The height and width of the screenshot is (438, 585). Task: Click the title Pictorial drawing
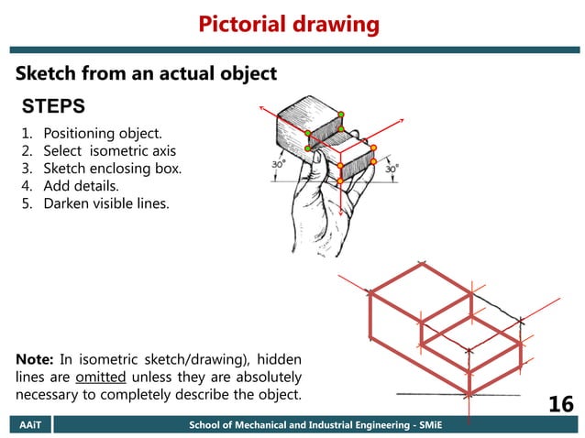click(x=289, y=24)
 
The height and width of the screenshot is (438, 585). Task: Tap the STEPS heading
click(x=53, y=104)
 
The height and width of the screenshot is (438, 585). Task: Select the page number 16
click(x=560, y=404)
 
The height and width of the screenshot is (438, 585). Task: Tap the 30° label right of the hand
click(x=392, y=169)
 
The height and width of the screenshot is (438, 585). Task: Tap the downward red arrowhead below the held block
click(x=340, y=213)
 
